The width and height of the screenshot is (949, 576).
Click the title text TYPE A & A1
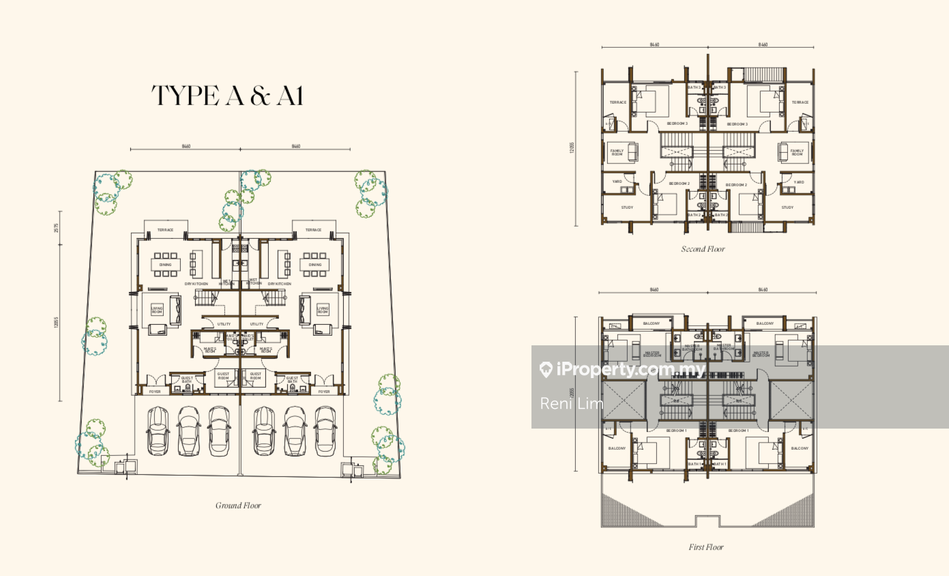tap(227, 96)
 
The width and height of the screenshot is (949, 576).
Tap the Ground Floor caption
tap(238, 506)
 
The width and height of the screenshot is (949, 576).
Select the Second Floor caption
tap(703, 249)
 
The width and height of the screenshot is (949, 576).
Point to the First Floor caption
tap(705, 547)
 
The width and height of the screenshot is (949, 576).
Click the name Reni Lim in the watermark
tap(572, 403)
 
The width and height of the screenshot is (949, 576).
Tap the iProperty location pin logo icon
tap(546, 370)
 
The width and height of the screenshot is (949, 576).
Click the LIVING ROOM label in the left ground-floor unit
tap(157, 310)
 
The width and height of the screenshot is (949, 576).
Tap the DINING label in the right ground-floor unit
tap(315, 265)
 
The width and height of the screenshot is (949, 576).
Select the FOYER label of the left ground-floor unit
tap(155, 392)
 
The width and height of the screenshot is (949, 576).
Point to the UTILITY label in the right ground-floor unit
tap(257, 324)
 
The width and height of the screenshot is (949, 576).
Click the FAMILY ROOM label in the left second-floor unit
tap(617, 153)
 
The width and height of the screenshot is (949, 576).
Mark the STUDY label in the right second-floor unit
tap(787, 207)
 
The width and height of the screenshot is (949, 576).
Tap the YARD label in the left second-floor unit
tap(617, 182)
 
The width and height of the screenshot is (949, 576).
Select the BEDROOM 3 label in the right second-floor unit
tap(737, 124)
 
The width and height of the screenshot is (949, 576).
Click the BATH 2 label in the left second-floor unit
tap(694, 215)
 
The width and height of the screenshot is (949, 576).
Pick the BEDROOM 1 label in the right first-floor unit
tap(738, 431)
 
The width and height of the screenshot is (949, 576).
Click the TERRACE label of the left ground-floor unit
tap(165, 230)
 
